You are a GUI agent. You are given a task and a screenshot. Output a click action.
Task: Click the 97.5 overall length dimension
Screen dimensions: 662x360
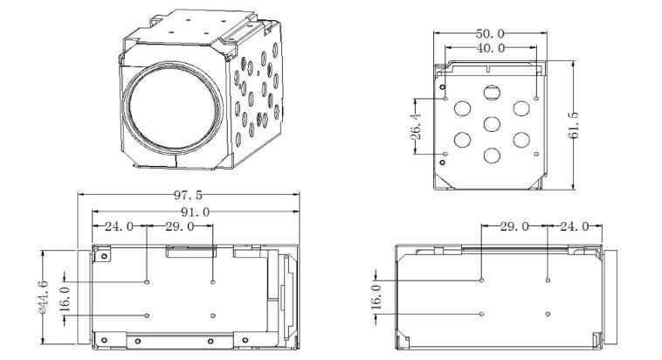(188, 195)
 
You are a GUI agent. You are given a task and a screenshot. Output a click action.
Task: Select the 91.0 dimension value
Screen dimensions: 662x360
(195, 211)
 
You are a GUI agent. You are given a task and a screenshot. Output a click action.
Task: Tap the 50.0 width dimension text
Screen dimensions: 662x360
(490, 33)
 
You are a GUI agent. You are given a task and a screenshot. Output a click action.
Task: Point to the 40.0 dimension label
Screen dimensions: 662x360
(491, 48)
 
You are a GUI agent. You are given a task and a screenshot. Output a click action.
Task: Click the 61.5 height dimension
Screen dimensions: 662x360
(573, 125)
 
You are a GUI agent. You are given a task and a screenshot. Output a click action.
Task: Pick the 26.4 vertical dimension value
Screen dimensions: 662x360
(417, 127)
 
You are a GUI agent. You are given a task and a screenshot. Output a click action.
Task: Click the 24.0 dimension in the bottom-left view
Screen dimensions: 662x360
(119, 226)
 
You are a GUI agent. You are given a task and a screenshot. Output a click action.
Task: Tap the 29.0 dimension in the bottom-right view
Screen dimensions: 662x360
(514, 226)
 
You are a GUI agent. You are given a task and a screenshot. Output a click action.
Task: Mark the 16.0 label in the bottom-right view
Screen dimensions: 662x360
(376, 297)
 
